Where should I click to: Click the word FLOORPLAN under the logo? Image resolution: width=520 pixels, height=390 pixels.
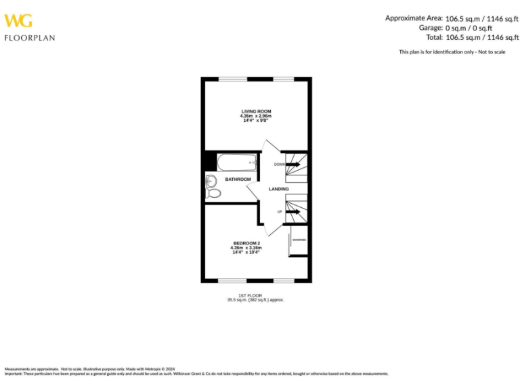30,38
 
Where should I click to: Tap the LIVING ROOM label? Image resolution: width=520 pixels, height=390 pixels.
256,111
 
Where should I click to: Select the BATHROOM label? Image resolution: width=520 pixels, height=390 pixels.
238,179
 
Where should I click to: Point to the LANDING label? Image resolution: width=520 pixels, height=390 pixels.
278,189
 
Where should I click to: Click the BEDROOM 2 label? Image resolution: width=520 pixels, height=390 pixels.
246,243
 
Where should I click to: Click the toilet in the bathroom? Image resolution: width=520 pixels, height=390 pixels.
214,194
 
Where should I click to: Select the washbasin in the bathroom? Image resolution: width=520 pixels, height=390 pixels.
211,180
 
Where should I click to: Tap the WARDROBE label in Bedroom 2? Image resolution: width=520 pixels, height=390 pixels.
299,240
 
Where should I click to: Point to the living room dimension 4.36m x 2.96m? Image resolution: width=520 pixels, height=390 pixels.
256,116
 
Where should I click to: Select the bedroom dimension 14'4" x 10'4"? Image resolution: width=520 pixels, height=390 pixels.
246,252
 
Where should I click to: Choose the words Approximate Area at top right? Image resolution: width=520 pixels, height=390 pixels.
414,18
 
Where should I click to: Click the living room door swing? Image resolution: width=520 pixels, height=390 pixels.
271,149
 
